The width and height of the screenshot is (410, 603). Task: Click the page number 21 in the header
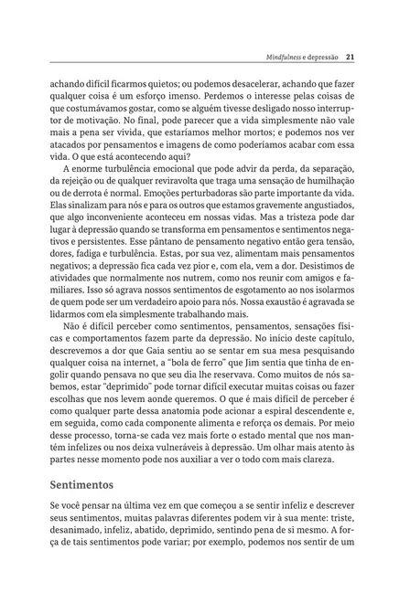pos(351,57)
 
